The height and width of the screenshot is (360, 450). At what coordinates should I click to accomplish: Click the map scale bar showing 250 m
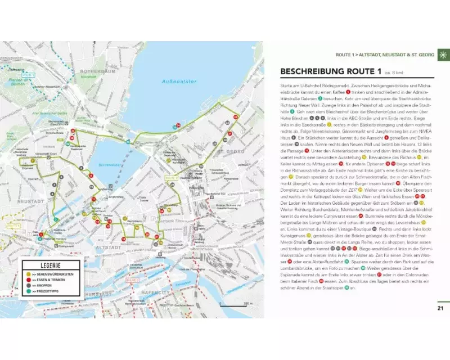click(x=237, y=307)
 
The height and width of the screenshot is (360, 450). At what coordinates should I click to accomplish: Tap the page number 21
click(x=440, y=307)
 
